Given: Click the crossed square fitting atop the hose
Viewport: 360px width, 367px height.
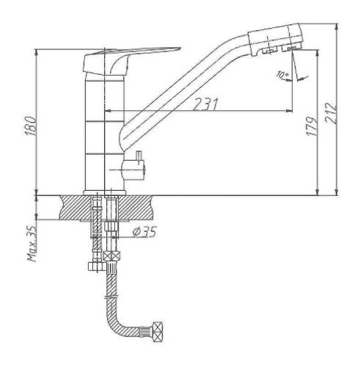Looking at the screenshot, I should tap(111, 257).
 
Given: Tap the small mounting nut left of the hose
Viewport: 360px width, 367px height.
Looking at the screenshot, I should tap(94, 266).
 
